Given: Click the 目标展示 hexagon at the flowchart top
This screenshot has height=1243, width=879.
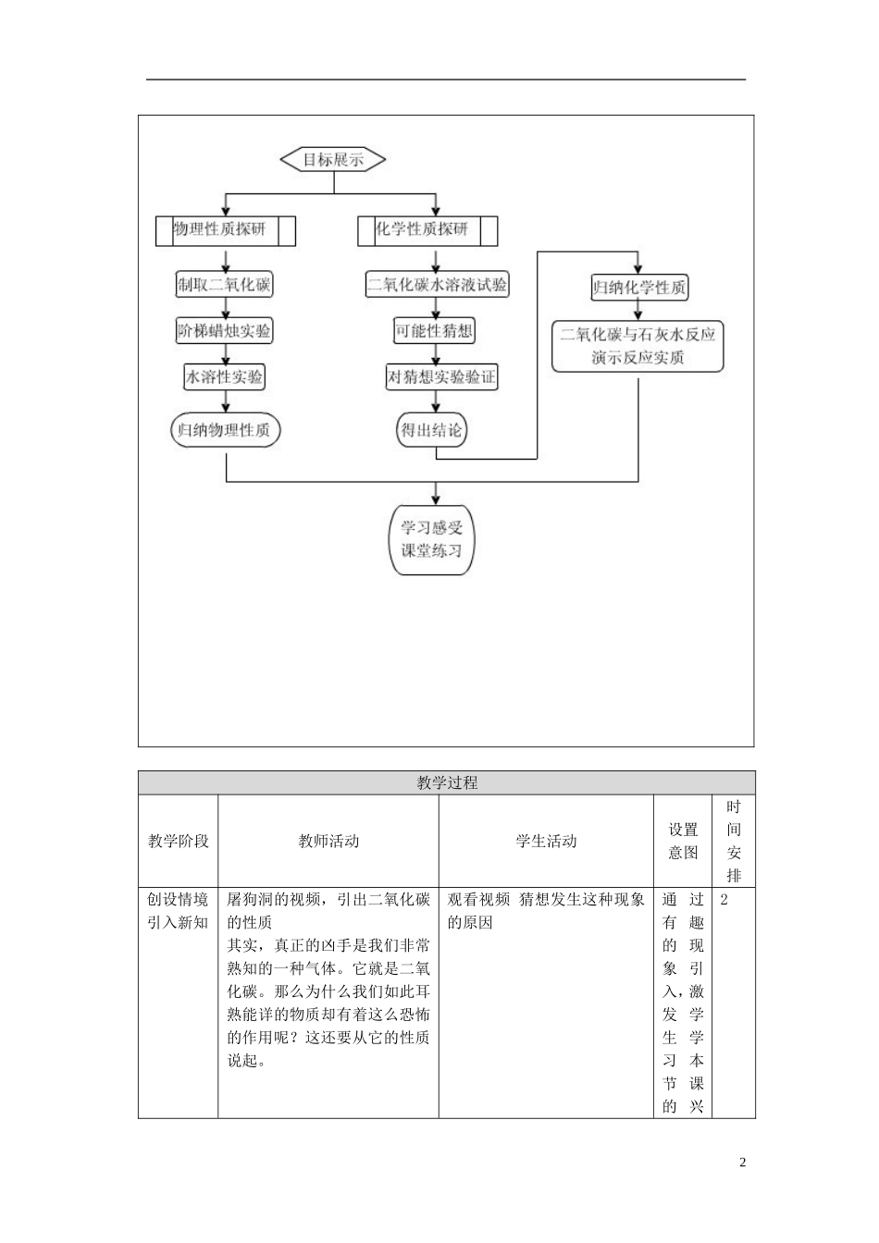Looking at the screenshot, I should point(333,160).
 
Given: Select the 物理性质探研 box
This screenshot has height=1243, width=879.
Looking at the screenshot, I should point(226,230).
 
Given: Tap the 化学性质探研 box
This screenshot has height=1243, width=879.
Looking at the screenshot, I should point(427,230).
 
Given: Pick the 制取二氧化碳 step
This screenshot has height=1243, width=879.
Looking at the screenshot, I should point(225,285).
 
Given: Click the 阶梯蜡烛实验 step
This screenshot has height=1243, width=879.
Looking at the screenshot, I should point(225,331).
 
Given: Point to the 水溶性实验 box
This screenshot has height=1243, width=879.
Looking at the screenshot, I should point(225,376).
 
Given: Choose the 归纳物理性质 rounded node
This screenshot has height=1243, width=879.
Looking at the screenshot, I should point(225,430).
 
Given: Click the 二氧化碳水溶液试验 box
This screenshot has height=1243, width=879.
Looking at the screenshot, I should point(437,285).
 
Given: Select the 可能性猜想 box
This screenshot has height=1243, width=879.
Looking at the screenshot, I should point(434,331).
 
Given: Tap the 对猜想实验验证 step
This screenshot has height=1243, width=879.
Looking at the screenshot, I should point(440,376).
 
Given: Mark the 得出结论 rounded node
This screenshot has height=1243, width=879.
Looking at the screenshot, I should point(431,430).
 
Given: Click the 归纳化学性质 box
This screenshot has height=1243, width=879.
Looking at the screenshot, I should point(639,288).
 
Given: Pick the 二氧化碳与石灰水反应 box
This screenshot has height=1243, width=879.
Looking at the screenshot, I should point(638,346).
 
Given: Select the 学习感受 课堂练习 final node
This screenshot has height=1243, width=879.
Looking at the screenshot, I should point(431,539).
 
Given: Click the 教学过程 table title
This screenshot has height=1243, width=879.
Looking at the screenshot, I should point(447,782).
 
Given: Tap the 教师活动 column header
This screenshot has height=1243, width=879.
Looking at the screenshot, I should point(328,841).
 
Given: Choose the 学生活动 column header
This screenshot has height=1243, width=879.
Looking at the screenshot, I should point(546,841).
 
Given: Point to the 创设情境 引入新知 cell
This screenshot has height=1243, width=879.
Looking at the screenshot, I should point(178,910).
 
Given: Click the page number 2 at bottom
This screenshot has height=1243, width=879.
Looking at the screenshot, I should point(742,1162).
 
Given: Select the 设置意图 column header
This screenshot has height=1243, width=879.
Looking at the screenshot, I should point(683,841).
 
